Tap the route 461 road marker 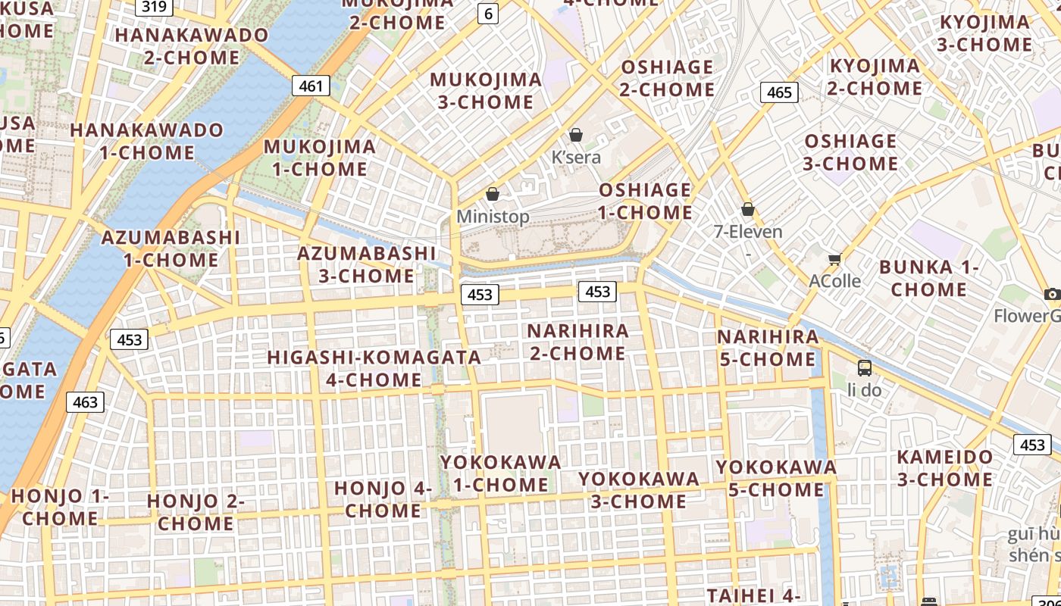(x=311, y=86)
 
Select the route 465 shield (x=779, y=92)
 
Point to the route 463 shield (x=85, y=401)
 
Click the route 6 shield (x=488, y=12)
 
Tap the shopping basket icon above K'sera (x=576, y=135)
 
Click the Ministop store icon (x=493, y=194)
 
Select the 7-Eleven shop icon (x=748, y=209)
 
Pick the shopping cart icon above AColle (x=835, y=259)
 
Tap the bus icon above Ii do (x=865, y=368)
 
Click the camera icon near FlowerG (x=1051, y=294)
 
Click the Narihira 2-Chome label (x=577, y=342)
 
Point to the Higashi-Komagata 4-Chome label (x=374, y=368)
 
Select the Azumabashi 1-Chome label (x=171, y=248)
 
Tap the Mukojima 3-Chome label (x=486, y=91)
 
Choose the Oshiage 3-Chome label (x=850, y=152)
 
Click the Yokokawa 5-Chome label (x=776, y=479)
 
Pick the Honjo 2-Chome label (x=196, y=512)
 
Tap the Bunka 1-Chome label (x=929, y=278)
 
